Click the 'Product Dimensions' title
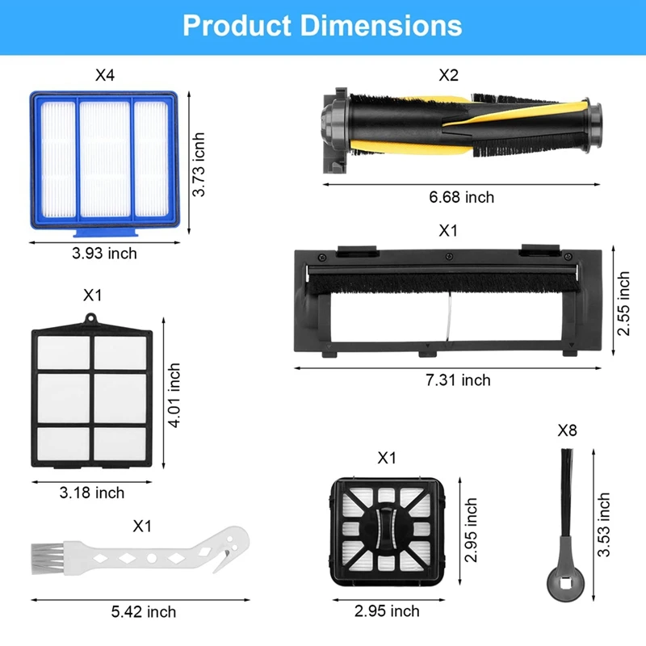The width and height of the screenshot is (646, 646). coord(322,26)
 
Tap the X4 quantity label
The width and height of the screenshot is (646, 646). coord(105,75)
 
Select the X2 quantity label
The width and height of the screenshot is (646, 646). coord(448,75)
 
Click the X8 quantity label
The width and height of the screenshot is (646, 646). coord(567,430)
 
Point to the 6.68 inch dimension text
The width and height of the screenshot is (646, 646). coord(461,197)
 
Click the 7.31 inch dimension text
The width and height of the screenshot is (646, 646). coord(458,380)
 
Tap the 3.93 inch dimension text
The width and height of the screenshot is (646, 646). coord(104,254)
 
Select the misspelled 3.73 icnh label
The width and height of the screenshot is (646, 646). coord(199,165)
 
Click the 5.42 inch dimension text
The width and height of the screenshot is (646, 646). coord(144,612)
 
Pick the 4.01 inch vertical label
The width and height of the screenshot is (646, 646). coord(174,396)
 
